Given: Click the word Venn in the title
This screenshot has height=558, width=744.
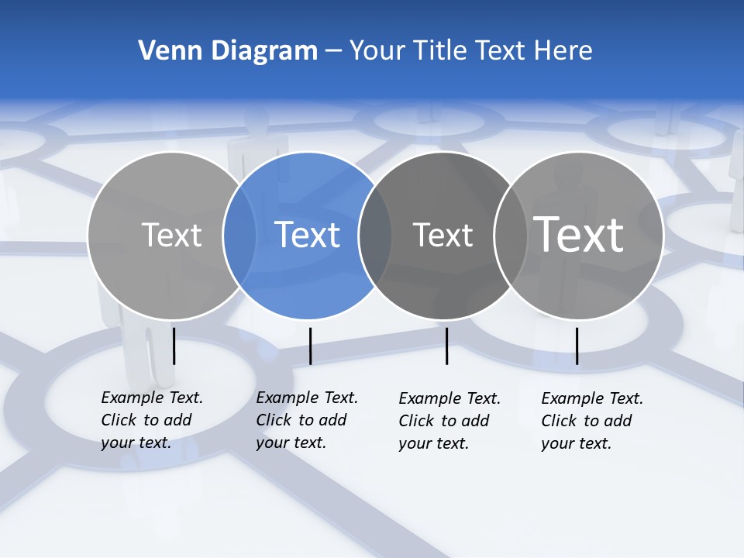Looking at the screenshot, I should click(x=165, y=50).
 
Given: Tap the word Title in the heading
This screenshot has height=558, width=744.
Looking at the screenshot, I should click(x=444, y=50).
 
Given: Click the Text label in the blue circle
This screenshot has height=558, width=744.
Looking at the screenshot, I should click(x=307, y=235).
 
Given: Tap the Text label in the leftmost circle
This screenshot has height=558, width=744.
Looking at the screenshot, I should click(x=171, y=235).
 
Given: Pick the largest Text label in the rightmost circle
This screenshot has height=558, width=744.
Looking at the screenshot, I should click(x=578, y=234).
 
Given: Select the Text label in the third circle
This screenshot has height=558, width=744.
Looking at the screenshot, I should click(x=443, y=235).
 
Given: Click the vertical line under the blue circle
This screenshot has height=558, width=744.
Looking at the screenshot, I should click(x=310, y=346).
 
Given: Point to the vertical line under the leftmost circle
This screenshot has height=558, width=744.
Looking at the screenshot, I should click(x=174, y=346).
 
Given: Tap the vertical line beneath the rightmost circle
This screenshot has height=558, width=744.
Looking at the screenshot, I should click(x=577, y=346).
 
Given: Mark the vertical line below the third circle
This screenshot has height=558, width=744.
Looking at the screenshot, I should click(x=446, y=346).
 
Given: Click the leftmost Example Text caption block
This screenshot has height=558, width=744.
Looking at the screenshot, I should click(x=151, y=420).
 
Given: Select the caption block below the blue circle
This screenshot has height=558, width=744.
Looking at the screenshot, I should click(x=306, y=420).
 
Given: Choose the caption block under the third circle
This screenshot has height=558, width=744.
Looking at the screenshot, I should click(x=449, y=421).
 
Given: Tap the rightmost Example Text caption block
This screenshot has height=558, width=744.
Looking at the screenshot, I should click(x=591, y=421).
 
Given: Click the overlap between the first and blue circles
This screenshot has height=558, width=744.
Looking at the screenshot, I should click(x=239, y=235).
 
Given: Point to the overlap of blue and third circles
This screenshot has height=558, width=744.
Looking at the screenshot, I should click(x=375, y=235).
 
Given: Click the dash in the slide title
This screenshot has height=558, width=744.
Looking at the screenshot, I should click(x=333, y=51).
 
